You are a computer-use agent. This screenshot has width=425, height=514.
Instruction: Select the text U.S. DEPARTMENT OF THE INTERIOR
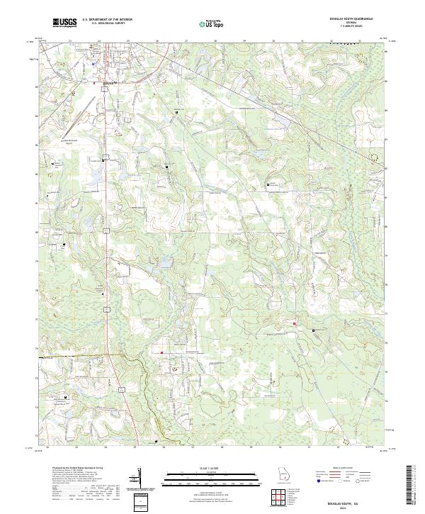click(107, 20)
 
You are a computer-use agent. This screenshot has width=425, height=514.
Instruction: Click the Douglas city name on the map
click(108, 82)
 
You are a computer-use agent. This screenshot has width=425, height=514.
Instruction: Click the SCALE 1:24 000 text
click(212, 468)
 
